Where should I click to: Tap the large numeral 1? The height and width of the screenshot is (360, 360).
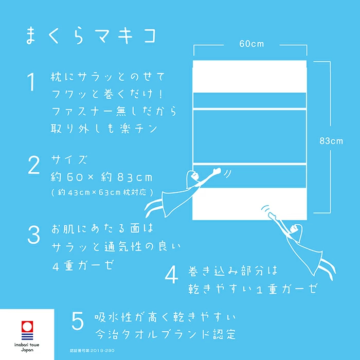(x=31, y=82)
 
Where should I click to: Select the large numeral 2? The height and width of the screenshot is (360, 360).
(x=34, y=165)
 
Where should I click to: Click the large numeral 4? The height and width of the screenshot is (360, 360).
(x=171, y=275)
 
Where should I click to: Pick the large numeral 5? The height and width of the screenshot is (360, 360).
(x=78, y=321)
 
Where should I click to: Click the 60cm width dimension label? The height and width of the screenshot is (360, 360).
(x=251, y=44)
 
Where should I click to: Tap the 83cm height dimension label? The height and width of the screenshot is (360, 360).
(x=331, y=141)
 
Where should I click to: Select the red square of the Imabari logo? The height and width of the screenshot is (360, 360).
(x=27, y=327)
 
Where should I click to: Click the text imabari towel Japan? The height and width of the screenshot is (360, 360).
(x=27, y=347)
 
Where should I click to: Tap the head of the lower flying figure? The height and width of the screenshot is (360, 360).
(x=295, y=229)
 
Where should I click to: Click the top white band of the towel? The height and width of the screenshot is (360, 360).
(x=249, y=77)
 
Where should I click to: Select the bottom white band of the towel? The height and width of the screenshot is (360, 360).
(x=249, y=204)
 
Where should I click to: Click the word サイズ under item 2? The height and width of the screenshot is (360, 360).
(x=69, y=159)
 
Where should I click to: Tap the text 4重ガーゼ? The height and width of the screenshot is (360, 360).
(x=83, y=266)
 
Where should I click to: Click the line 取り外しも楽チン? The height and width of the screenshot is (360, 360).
(x=104, y=128)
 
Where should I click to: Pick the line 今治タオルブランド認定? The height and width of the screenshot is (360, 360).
(x=165, y=334)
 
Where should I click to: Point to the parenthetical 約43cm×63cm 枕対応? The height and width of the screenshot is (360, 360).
(x=102, y=192)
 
